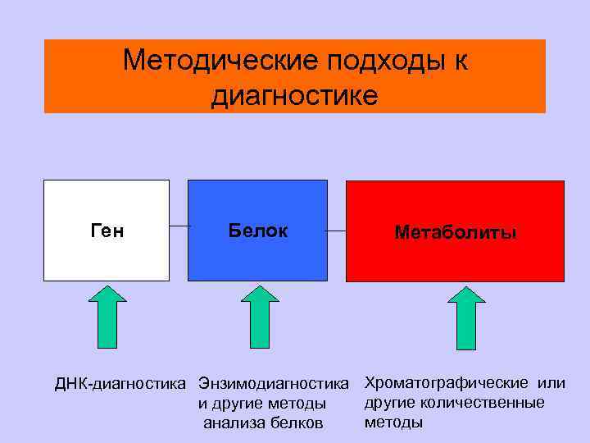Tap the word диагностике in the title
pos(295,95)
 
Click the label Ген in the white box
pos(106,231)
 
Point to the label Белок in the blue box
pos(257,231)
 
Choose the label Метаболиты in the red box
pos(455,233)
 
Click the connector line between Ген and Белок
pos(179,226)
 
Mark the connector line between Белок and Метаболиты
pos(336,231)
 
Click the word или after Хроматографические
pos(552,383)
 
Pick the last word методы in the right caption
pos(393,422)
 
